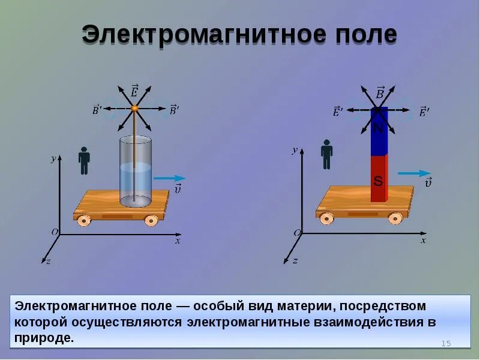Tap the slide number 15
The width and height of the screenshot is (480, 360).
(446, 343)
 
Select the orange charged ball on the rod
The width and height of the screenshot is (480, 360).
(135, 109)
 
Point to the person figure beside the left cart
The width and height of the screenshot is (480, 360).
(84, 160)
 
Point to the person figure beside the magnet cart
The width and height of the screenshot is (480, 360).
(327, 154)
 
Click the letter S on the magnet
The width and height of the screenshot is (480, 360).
(378, 180)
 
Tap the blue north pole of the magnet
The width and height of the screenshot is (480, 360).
(379, 135)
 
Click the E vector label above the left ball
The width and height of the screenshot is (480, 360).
(134, 91)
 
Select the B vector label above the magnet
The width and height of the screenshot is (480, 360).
(379, 93)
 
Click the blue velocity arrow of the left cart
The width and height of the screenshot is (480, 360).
(169, 178)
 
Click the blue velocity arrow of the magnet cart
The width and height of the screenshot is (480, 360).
(414, 173)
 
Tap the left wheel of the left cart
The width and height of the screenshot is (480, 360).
(85, 220)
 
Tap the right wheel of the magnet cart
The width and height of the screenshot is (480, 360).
(395, 218)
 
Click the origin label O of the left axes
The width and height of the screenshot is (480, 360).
(55, 232)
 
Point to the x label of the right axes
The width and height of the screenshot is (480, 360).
(423, 240)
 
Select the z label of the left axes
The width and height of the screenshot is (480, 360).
(48, 261)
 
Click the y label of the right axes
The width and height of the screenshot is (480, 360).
(295, 150)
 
